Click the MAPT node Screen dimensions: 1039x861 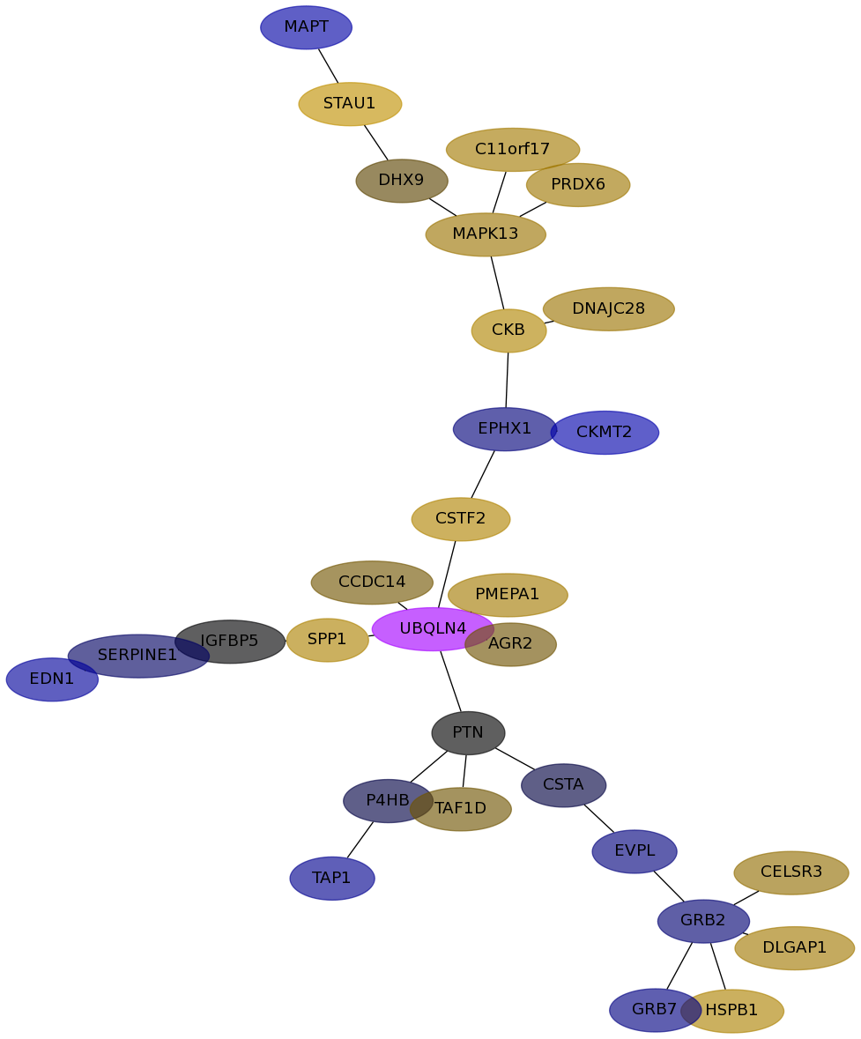coord(306,27)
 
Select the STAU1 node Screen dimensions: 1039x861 coord(350,104)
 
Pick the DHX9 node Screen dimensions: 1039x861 coord(402,181)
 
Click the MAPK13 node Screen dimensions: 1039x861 coord(486,234)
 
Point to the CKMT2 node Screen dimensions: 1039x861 coord(605,433)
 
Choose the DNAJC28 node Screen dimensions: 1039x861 coord(608,309)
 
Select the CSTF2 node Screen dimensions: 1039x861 coord(460,519)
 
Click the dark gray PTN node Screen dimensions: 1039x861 coord(468,733)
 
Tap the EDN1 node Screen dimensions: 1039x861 coord(52,679)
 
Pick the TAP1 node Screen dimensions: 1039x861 coord(332,879)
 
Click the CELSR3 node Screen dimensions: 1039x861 coord(790,872)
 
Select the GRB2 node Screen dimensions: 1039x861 coord(703,921)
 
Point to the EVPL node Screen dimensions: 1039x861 coord(635,851)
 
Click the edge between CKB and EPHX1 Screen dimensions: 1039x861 coord(507,380)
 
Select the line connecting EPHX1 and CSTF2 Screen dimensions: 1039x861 coord(483,474)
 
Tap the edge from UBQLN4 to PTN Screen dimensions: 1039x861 coord(450,680)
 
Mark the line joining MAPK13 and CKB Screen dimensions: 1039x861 coord(497,282)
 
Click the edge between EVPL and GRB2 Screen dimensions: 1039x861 coord(669,887)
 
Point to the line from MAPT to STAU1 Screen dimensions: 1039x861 coord(328,65)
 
